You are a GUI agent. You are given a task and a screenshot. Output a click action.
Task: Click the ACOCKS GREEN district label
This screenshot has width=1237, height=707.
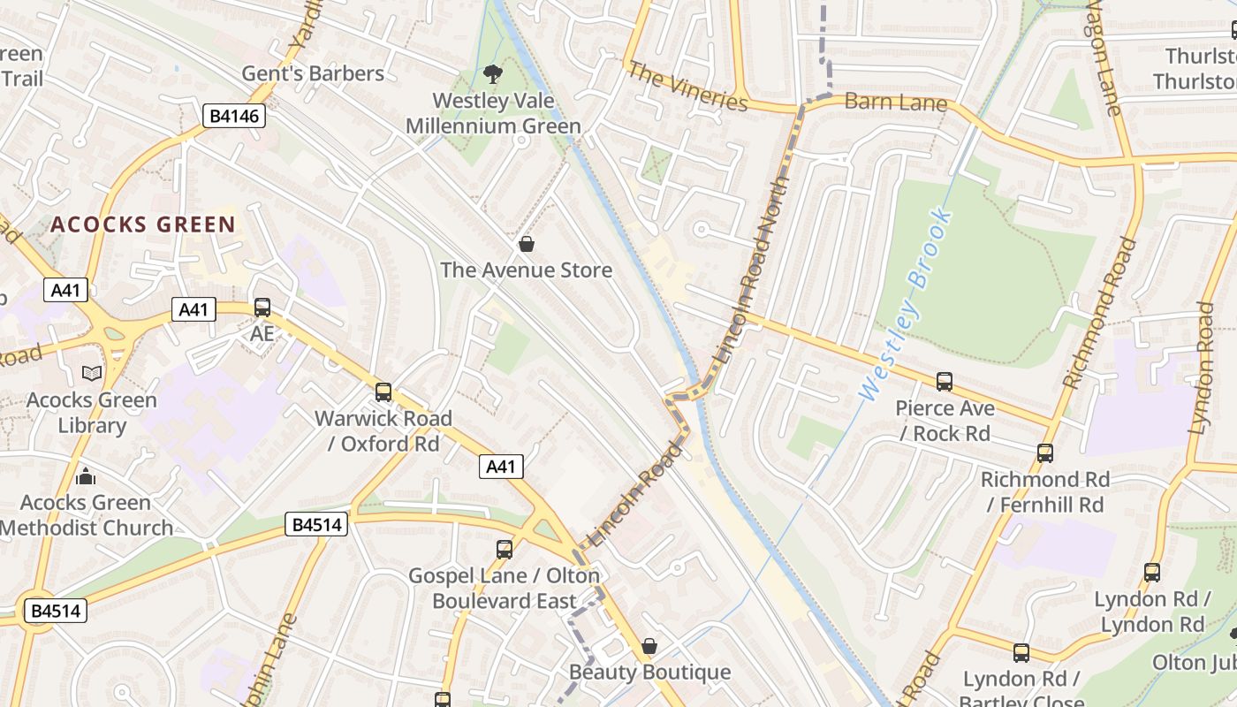[x=142, y=224]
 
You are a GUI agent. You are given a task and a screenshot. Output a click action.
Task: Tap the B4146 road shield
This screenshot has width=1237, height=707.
[x=234, y=116]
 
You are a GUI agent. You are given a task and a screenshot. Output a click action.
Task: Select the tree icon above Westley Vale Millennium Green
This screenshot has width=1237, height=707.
[x=493, y=74]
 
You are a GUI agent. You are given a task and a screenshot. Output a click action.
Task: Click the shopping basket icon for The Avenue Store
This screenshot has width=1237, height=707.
[x=527, y=244]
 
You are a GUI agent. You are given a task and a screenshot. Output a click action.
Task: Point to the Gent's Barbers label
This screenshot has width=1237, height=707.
[x=313, y=73]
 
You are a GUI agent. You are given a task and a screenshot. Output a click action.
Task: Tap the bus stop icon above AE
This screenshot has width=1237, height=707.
[x=262, y=308]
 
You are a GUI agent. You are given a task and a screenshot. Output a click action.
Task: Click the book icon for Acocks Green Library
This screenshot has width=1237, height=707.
[x=92, y=374]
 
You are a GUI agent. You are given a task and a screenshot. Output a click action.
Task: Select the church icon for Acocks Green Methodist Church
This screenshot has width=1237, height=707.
[x=86, y=476]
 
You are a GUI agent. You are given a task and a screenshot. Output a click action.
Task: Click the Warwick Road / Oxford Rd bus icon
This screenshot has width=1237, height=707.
[x=383, y=392]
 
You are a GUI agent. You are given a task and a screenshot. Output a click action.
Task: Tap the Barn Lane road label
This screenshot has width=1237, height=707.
[x=895, y=103]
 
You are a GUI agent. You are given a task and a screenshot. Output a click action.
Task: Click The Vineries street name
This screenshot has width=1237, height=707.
[x=687, y=87]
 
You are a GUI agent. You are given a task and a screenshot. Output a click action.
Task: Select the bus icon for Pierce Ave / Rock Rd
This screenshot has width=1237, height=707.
[x=945, y=382]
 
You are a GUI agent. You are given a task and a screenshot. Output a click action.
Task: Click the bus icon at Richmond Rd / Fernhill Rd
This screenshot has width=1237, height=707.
[x=1045, y=453]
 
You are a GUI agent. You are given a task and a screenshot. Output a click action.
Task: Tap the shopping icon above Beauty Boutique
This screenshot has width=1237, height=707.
[x=649, y=646]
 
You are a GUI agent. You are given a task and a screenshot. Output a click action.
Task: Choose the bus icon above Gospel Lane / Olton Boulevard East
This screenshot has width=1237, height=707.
[x=505, y=550]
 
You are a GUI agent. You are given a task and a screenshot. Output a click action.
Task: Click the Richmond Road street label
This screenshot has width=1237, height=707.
[x=1099, y=313]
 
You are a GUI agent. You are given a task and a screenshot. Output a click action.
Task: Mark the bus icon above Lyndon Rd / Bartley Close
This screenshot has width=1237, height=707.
[x=1021, y=653]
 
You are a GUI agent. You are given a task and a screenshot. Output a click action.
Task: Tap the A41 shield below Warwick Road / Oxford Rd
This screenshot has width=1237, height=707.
[x=501, y=467]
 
